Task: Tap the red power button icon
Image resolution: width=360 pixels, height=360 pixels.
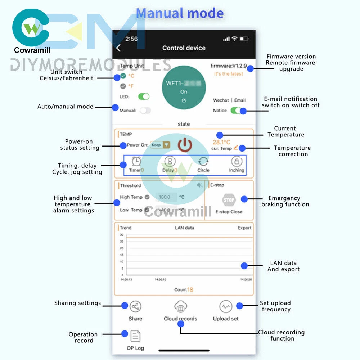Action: pos(185,144)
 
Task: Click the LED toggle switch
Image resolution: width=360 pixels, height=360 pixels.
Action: pos(144,96)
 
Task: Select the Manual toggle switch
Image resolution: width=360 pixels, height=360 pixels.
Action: pos(145,111)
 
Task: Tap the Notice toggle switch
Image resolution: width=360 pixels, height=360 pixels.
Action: pos(236,110)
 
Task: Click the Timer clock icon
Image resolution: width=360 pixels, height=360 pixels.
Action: pos(136,161)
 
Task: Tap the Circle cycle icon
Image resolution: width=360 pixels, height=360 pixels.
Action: pos(203,161)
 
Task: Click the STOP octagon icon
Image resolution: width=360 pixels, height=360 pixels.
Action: pos(229,200)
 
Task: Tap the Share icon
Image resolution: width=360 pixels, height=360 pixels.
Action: pos(135,307)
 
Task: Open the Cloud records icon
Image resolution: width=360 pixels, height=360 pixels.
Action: pos(180,307)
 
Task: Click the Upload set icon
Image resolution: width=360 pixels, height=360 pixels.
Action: pos(226,307)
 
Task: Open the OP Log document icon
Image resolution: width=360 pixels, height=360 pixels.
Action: pos(135,336)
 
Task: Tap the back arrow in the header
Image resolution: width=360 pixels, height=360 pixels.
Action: pos(118,48)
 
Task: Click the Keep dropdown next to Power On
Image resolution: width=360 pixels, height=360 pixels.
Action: pos(160,145)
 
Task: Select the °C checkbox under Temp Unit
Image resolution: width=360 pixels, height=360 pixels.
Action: pos(123,76)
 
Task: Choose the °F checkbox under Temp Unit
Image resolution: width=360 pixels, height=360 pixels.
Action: pos(123,86)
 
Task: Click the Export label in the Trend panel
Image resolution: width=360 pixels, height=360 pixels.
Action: pos(244,228)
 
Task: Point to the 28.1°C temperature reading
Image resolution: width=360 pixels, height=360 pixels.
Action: pos(221,142)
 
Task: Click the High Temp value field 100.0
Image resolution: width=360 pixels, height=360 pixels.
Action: pos(166,197)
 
